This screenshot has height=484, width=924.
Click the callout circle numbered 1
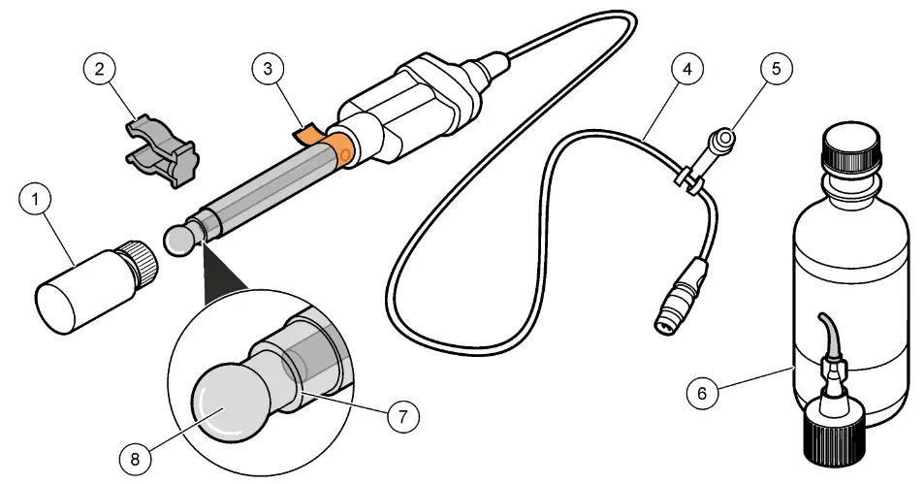(x=35, y=202)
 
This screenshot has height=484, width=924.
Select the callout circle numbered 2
(x=99, y=69)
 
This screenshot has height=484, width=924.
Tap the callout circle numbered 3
(x=267, y=69)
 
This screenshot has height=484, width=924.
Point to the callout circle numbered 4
(x=685, y=69)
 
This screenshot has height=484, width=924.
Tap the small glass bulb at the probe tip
(x=177, y=241)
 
